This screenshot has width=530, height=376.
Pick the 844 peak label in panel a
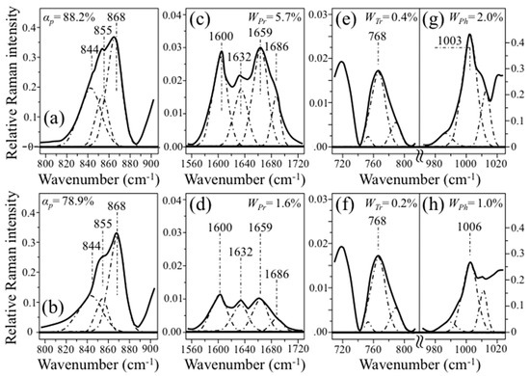coord(91,48)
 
